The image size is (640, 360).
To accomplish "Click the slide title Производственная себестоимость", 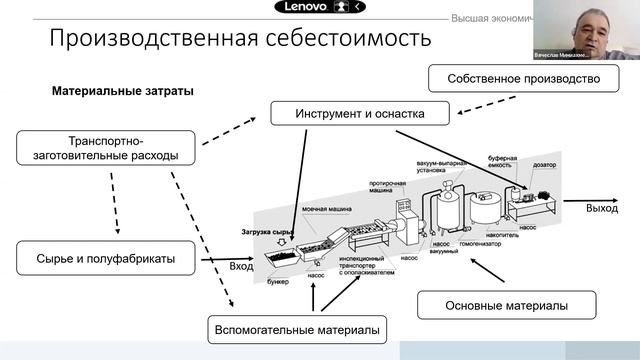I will coord(241,39).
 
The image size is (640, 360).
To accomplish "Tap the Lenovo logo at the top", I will coord(299,7).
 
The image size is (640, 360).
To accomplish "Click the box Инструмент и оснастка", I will coord(359,113).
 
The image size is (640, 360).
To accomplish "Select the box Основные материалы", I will coord(506,305).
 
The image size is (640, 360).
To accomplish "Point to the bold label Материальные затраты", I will coord(123,91).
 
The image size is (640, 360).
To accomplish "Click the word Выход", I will coord(602,208).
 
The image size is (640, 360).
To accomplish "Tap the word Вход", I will coord(241,266).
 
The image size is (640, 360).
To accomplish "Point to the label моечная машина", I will coord(324,211).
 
